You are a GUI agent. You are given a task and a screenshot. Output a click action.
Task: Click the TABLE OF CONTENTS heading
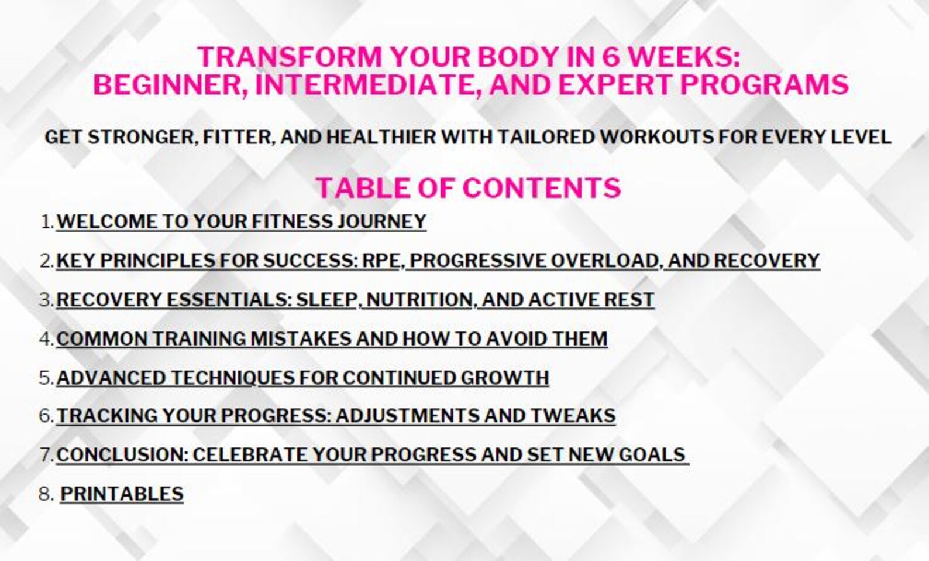(x=468, y=188)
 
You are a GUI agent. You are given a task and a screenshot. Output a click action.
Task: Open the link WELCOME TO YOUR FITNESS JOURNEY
(x=241, y=222)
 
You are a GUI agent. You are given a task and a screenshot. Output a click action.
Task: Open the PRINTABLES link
(x=122, y=494)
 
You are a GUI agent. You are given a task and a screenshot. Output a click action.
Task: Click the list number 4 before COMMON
(x=45, y=339)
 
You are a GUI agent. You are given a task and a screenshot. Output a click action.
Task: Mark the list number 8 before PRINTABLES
(x=45, y=494)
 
